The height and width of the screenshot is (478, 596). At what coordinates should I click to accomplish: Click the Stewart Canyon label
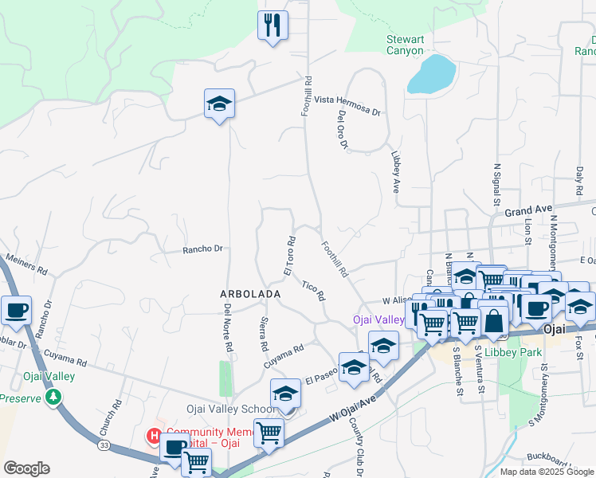pyautogui.click(x=410, y=45)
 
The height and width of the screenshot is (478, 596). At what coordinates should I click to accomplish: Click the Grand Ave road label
pyautogui.click(x=528, y=210)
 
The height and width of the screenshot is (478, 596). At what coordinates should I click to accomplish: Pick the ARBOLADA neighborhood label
pyautogui.click(x=250, y=294)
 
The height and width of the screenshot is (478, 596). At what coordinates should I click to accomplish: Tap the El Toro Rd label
pyautogui.click(x=290, y=256)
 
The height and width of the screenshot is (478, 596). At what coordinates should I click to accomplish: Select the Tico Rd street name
pyautogui.click(x=314, y=289)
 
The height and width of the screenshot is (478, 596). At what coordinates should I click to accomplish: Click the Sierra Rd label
pyautogui.click(x=264, y=334)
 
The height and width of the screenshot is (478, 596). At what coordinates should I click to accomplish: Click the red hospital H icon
pyautogui.click(x=155, y=435)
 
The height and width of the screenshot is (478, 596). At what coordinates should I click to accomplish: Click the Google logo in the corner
pyautogui.click(x=26, y=468)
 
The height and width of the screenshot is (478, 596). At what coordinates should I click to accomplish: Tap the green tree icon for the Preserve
pyautogui.click(x=53, y=396)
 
